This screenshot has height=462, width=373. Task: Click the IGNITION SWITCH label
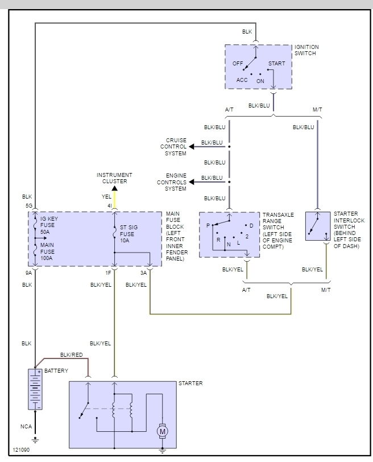[x=306, y=50]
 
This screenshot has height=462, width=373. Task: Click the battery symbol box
[x=35, y=389]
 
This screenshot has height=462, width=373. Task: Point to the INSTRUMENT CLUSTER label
[x=114, y=178]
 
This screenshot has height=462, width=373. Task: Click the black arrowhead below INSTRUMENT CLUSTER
[x=114, y=188]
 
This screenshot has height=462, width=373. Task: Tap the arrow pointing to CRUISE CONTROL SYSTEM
[x=193, y=147]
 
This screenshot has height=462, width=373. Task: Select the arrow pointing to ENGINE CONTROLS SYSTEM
[x=193, y=182]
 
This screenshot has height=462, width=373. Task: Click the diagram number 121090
[x=21, y=449]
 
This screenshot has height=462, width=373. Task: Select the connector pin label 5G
[x=28, y=205]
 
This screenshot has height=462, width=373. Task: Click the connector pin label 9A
[x=29, y=273]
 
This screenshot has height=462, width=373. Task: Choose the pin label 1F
[x=108, y=273]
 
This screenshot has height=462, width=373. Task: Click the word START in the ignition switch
[x=276, y=64]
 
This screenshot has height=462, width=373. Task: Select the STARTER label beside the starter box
[x=190, y=383]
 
